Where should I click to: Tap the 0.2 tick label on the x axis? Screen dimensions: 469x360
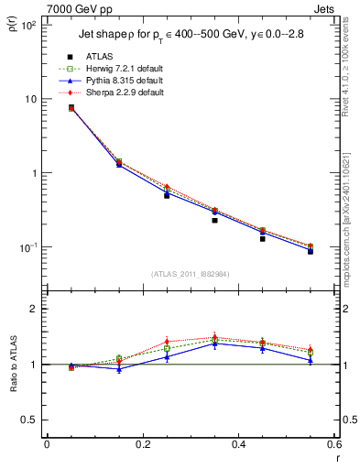point(142,445)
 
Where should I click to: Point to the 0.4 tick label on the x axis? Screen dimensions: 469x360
point(238,445)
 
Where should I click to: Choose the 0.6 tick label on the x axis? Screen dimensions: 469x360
point(334,445)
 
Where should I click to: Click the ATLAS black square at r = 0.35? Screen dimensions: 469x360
point(214,220)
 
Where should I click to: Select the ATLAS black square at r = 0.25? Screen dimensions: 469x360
point(167,195)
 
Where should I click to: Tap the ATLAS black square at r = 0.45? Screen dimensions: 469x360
point(263,238)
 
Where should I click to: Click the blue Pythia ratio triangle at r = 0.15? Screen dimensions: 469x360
point(118,369)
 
